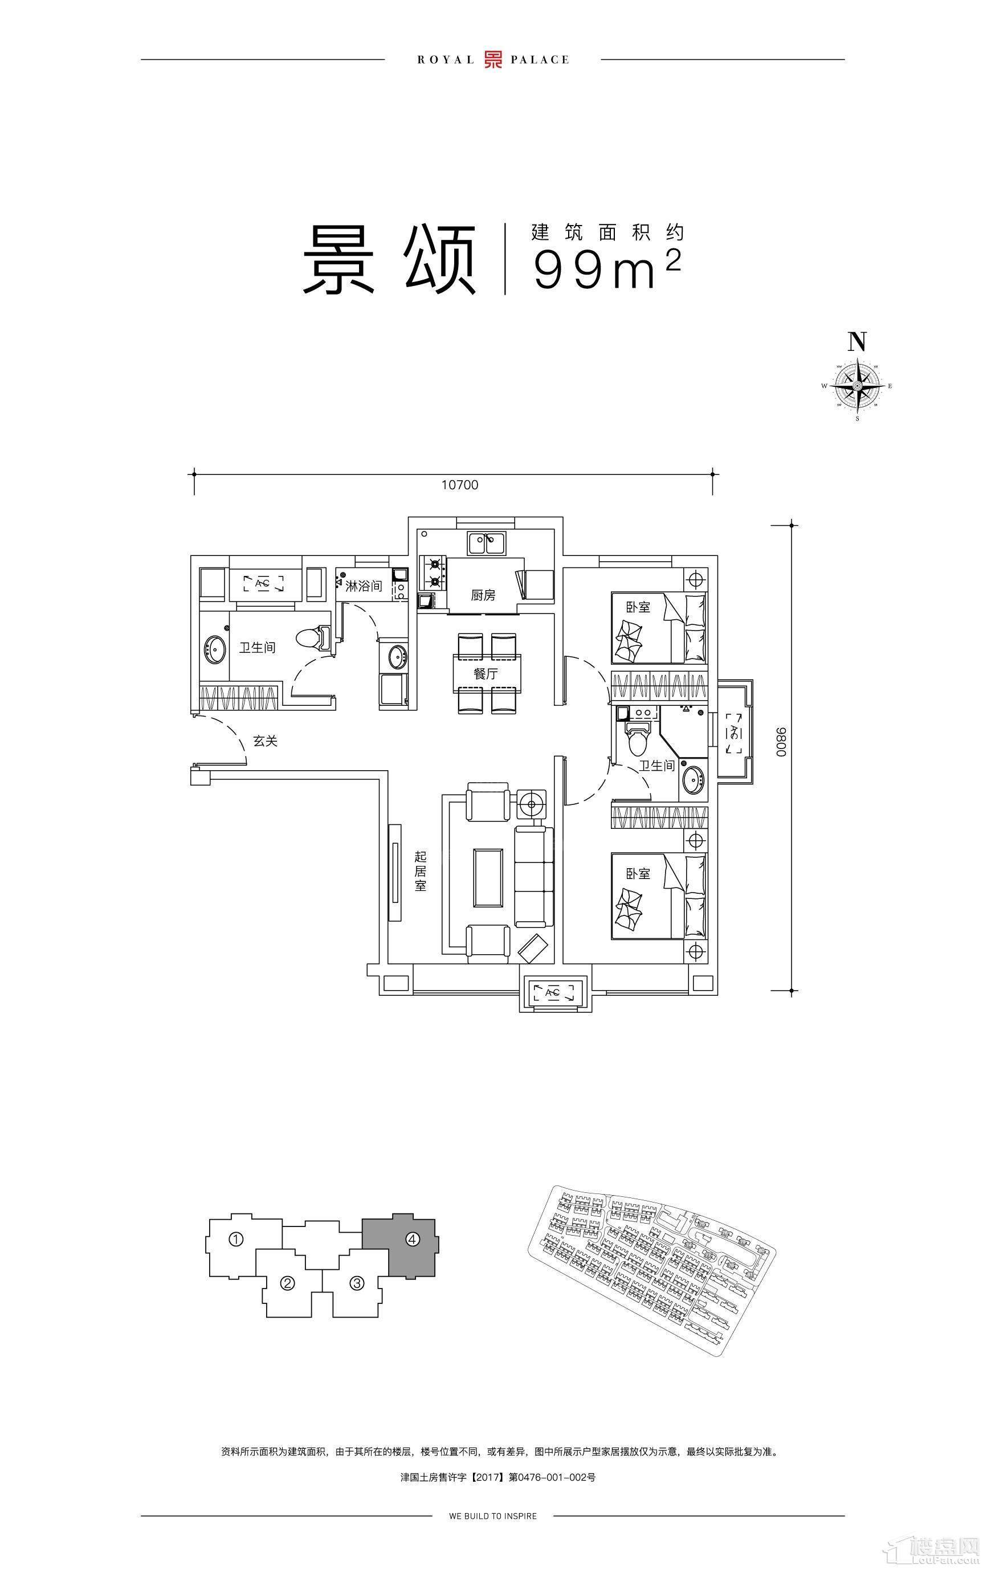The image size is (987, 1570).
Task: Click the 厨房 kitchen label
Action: pos(483,595)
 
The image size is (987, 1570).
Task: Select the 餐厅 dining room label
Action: pos(486,673)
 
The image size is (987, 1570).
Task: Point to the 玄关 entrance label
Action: pos(266,741)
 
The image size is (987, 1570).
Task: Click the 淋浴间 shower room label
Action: pos(364,586)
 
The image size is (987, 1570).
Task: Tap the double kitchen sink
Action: pos(486,542)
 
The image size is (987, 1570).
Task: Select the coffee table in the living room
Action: pos(488,878)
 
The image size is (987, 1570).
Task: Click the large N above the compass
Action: pos(857,342)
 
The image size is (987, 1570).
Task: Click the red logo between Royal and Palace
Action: pos(492,59)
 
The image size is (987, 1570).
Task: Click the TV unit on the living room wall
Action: pos(395,872)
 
